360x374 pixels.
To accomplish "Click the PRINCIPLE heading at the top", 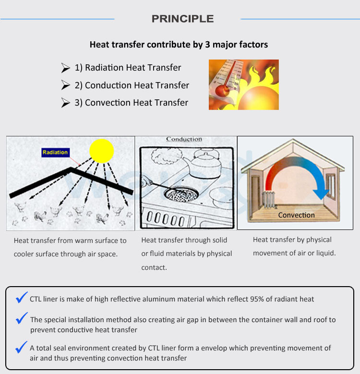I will click(182, 19).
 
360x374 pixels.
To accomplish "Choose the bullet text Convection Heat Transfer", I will click(131, 103).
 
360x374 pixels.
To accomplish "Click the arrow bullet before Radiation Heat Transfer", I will click(66, 68).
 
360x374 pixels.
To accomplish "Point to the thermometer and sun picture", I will click(243, 84).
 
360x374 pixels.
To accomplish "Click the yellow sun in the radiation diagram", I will click(101, 150).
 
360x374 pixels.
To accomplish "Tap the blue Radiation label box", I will click(55, 152).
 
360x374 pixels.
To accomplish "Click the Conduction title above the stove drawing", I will click(184, 139).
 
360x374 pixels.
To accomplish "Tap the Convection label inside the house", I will click(296, 215).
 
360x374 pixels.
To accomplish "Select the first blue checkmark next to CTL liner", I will click(22, 298).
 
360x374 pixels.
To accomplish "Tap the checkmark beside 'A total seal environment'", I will click(22, 346).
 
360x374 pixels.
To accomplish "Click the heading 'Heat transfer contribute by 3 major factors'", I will click(179, 45).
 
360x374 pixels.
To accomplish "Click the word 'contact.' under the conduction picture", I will click(154, 267).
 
